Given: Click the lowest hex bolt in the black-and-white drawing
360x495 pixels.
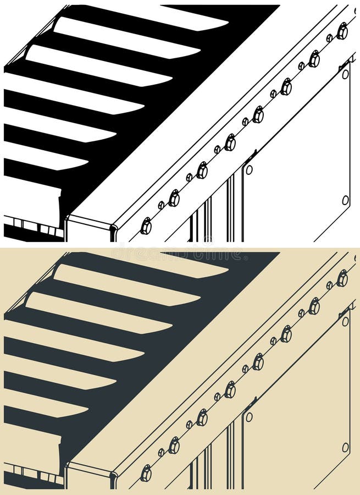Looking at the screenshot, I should pos(146,226).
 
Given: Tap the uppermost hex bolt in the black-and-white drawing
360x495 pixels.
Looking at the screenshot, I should pos(342,31).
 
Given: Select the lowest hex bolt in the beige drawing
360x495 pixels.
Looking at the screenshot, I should pos(146,474).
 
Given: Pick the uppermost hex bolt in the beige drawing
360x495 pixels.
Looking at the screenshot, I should pos(342,278).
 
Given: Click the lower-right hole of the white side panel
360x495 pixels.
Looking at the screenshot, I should pos(345,200).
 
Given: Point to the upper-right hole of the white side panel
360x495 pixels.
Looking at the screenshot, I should pos(345,73).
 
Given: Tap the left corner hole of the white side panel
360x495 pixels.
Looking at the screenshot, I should pos(249,170).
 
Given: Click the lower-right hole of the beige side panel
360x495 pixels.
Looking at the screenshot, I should pos(345,448).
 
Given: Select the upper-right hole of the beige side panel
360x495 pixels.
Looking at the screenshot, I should pos(345,321).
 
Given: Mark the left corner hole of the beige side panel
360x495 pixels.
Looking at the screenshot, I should pos(249,417).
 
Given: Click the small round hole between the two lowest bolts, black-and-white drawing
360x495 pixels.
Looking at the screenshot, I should pos(161,205).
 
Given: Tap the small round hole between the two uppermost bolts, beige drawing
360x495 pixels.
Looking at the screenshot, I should pos(329,285).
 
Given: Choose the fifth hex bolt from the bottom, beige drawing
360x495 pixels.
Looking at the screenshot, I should pos(258,362).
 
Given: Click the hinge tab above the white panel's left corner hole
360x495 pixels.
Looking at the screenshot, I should pos(250,157).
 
